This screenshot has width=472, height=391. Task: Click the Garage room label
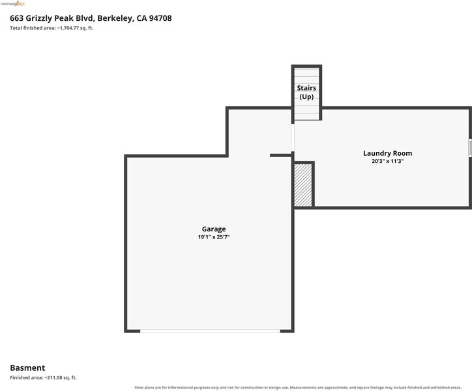(214, 229)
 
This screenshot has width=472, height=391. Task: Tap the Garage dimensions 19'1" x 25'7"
(214, 237)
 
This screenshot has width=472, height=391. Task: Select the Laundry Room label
(387, 153)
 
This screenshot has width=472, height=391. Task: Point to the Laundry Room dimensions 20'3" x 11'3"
(387, 161)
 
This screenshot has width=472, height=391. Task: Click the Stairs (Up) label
(306, 92)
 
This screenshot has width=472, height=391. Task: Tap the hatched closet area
(303, 185)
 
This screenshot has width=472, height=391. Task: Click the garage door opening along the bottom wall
(210, 331)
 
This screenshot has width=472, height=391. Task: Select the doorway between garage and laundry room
(293, 138)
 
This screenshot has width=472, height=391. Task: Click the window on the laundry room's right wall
(470, 147)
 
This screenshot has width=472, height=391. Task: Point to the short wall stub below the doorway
(281, 155)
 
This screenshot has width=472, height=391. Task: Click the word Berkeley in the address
(115, 18)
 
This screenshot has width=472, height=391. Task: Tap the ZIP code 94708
(160, 18)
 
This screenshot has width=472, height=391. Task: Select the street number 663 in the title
(16, 18)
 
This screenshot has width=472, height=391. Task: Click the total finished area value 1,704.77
(70, 28)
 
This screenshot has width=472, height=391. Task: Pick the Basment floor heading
(27, 368)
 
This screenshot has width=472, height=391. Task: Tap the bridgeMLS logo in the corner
(12, 4)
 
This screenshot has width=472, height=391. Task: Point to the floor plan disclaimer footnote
(298, 387)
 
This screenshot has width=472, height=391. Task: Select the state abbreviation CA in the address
(141, 18)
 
